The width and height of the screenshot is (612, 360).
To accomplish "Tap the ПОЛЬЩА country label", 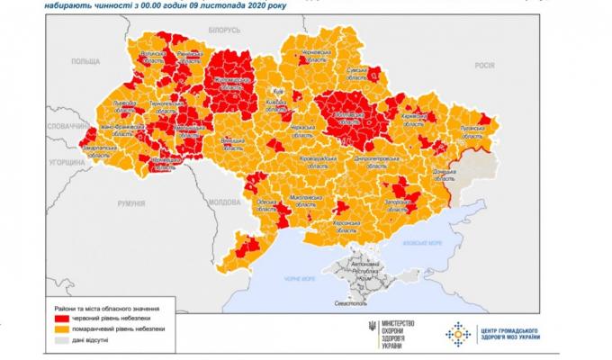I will [86, 60].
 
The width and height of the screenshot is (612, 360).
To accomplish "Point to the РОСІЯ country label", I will [486, 66].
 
